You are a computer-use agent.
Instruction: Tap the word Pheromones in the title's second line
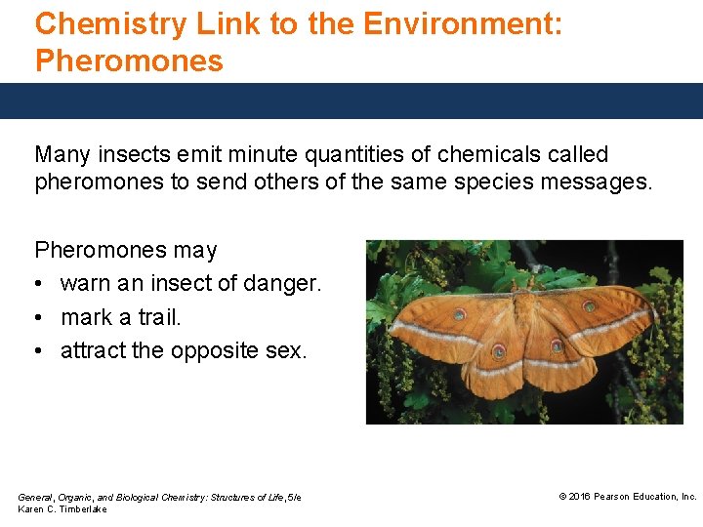[x=129, y=61]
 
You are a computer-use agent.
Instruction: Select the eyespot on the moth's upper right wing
[x=597, y=315]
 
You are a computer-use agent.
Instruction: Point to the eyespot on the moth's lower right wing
[x=557, y=345]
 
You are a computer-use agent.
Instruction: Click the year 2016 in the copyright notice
[x=579, y=497]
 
